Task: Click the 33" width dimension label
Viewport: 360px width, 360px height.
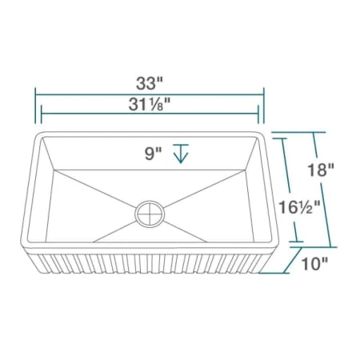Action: [x=150, y=83]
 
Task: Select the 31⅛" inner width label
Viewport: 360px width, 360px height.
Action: [x=150, y=104]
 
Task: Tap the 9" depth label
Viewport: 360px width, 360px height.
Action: [x=154, y=154]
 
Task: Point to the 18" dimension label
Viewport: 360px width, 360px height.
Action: [x=321, y=170]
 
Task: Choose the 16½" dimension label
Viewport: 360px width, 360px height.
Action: [x=299, y=207]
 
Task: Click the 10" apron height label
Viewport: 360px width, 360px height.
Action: [x=314, y=264]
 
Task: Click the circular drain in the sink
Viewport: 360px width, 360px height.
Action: [x=150, y=214]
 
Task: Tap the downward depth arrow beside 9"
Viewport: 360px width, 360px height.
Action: [x=181, y=154]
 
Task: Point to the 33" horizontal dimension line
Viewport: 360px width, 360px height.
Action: [x=150, y=94]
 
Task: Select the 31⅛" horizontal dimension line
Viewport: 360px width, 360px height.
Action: [x=150, y=114]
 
